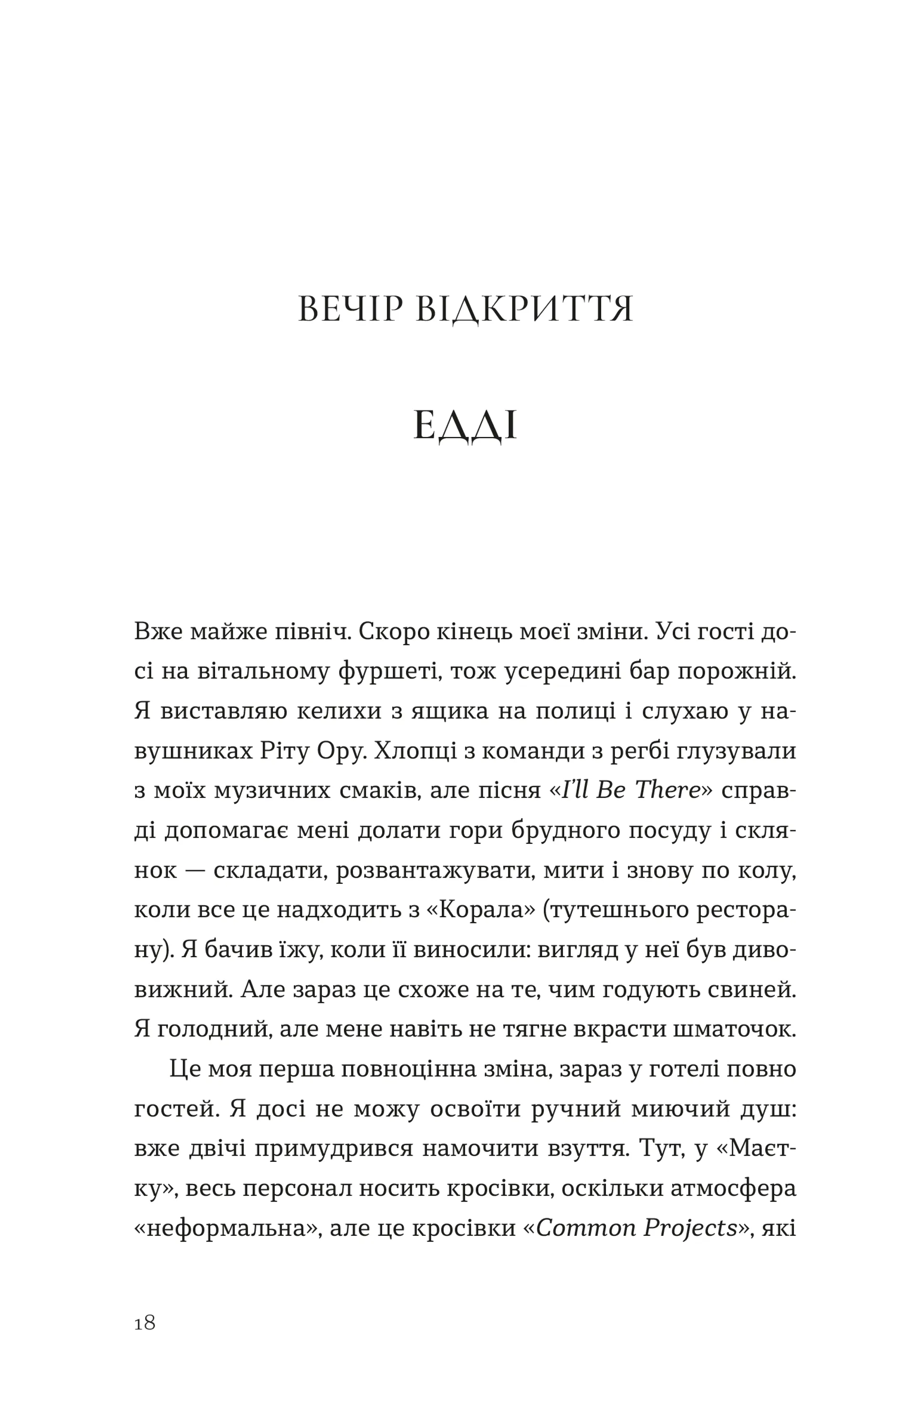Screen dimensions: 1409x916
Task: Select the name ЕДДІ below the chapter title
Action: click(x=465, y=426)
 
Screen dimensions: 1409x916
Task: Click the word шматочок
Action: click(x=734, y=1028)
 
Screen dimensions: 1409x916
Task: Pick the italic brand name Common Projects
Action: click(x=636, y=1227)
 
